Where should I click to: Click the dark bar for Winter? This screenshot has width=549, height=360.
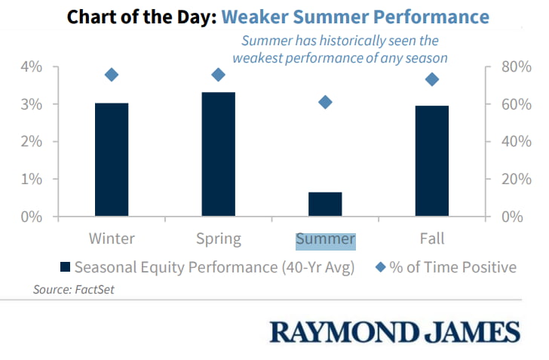pos(112,159)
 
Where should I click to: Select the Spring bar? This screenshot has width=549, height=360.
pos(219,154)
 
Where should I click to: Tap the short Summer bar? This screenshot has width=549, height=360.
pos(325,204)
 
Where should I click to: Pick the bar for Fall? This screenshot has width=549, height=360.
pos(432,161)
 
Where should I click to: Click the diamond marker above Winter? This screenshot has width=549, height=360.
pos(112,75)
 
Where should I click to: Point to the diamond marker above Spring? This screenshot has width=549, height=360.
pos(219,75)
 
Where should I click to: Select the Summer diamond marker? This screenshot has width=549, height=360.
pos(325,103)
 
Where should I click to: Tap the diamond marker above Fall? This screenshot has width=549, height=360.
pos(432,79)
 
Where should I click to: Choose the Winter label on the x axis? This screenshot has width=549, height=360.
pos(112,238)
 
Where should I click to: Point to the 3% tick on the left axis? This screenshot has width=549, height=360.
pos(32,104)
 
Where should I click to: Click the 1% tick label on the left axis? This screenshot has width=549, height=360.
pos(32,179)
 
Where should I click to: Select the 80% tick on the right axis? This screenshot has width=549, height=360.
pos(516,66)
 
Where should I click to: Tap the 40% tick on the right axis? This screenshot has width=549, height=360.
pos(516,142)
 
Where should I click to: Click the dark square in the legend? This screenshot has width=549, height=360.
pos(65,267)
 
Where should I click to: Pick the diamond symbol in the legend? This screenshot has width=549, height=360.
pos(380,267)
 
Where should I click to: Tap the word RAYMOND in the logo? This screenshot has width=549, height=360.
pos(344,332)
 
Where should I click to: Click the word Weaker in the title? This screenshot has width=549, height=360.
pos(255,17)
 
